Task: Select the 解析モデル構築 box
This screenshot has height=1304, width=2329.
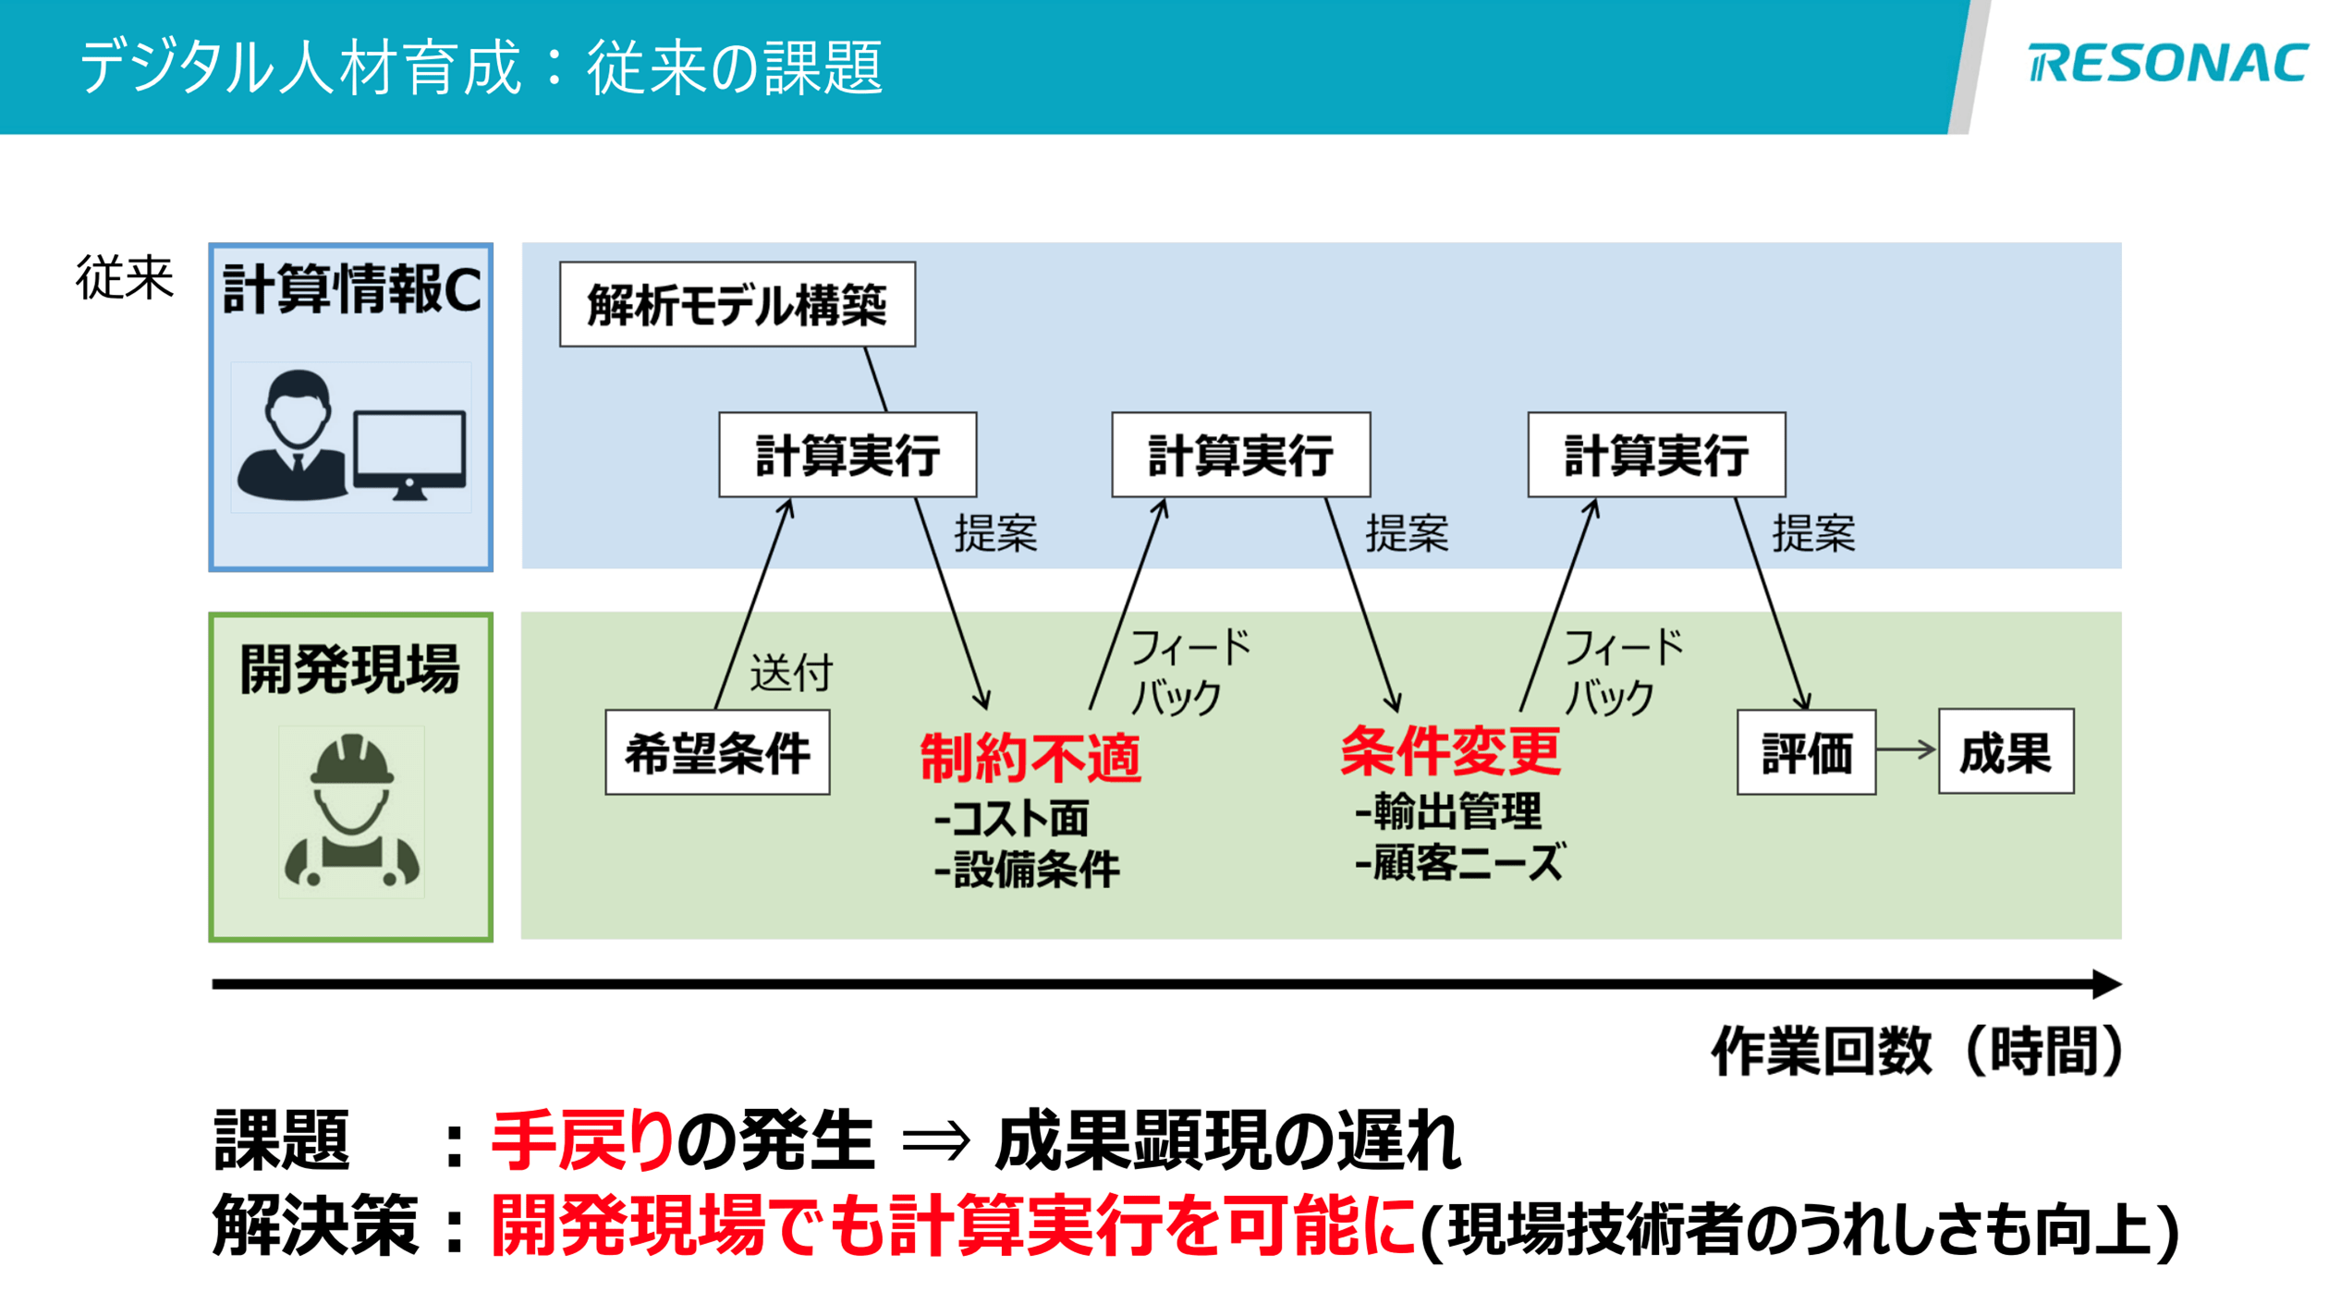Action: point(737,304)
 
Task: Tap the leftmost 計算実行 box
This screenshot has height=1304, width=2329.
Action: point(847,455)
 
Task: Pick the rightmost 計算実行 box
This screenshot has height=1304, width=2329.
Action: point(1655,455)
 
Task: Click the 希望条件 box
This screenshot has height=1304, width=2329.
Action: point(717,752)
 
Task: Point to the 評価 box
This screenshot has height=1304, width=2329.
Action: point(1805,752)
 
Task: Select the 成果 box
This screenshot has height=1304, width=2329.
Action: point(2005,751)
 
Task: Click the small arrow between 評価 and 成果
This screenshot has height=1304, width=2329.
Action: point(1906,749)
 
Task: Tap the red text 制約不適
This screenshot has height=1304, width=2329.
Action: point(1030,758)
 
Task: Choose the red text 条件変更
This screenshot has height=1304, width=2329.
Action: point(1449,750)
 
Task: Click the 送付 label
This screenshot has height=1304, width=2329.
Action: point(790,672)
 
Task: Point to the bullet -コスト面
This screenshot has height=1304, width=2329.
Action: point(1011,818)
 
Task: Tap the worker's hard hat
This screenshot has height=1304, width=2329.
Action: point(351,760)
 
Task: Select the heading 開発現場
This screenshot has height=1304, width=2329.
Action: point(349,668)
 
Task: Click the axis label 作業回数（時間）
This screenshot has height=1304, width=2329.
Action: point(1918,1051)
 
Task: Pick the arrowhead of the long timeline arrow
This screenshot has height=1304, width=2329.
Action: point(2106,984)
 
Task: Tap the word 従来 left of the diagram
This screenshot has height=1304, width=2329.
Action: point(124,277)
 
